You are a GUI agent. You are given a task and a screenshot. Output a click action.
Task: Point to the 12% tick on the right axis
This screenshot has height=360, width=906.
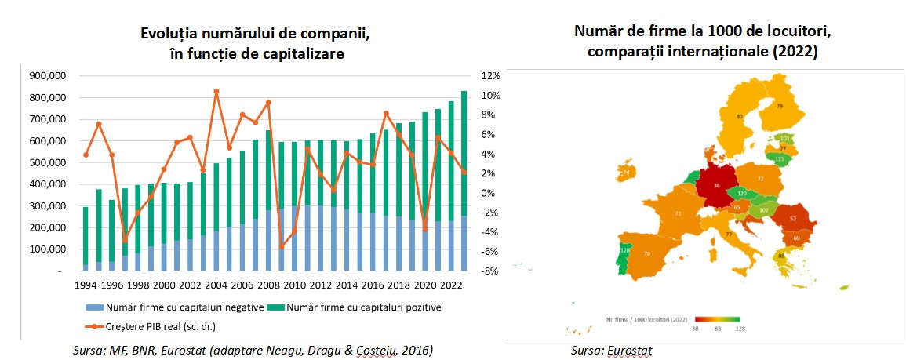(x=490, y=76)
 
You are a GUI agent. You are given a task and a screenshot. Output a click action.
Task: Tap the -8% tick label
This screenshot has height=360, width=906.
(x=490, y=271)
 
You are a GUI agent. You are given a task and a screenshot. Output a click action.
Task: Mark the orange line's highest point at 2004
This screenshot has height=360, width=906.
(x=216, y=92)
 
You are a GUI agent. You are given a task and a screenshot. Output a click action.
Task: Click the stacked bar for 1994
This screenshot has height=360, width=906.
(x=86, y=238)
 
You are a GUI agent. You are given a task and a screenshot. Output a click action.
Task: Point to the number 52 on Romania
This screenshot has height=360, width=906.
(x=794, y=219)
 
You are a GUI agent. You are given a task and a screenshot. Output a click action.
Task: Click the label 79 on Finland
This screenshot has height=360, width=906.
(x=780, y=105)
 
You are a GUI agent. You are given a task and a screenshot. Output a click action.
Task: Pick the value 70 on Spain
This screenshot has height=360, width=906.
(x=648, y=253)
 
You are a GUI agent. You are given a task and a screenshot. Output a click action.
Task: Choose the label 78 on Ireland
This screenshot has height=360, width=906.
(x=627, y=172)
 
